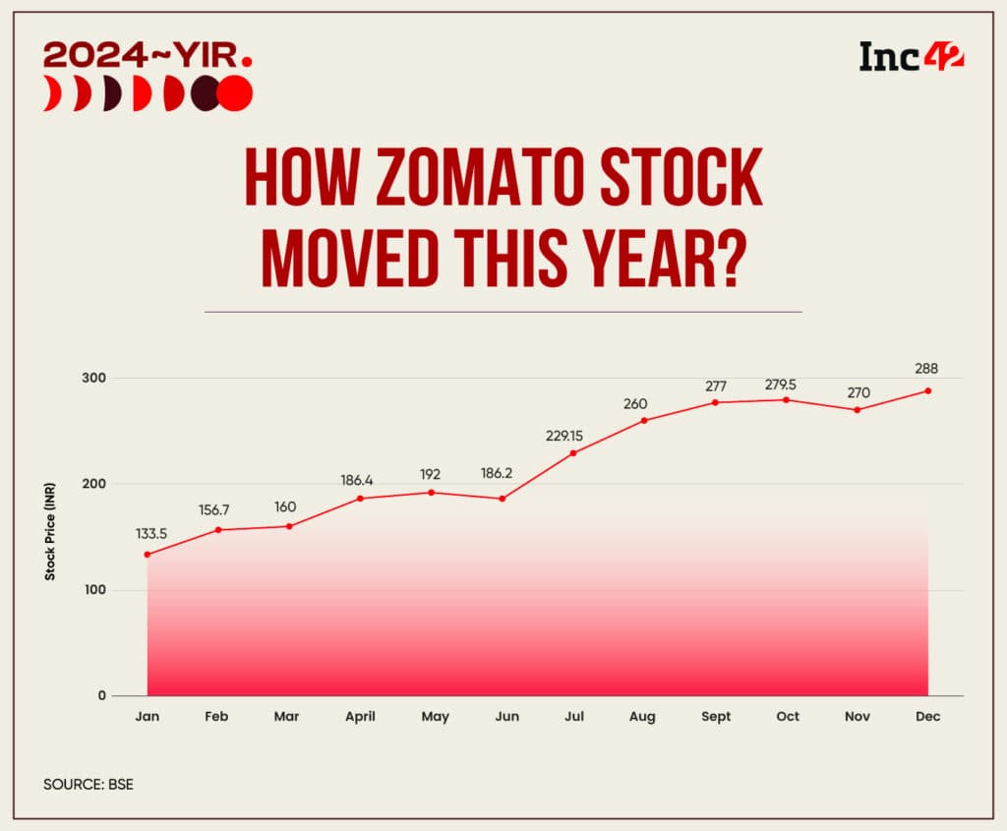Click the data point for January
(148, 555)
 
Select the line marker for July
(573, 453)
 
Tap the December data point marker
(927, 390)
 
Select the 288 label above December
(926, 369)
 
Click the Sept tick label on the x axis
(716, 716)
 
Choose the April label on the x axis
(360, 716)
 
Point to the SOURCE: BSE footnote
(87, 785)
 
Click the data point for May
(431, 492)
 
